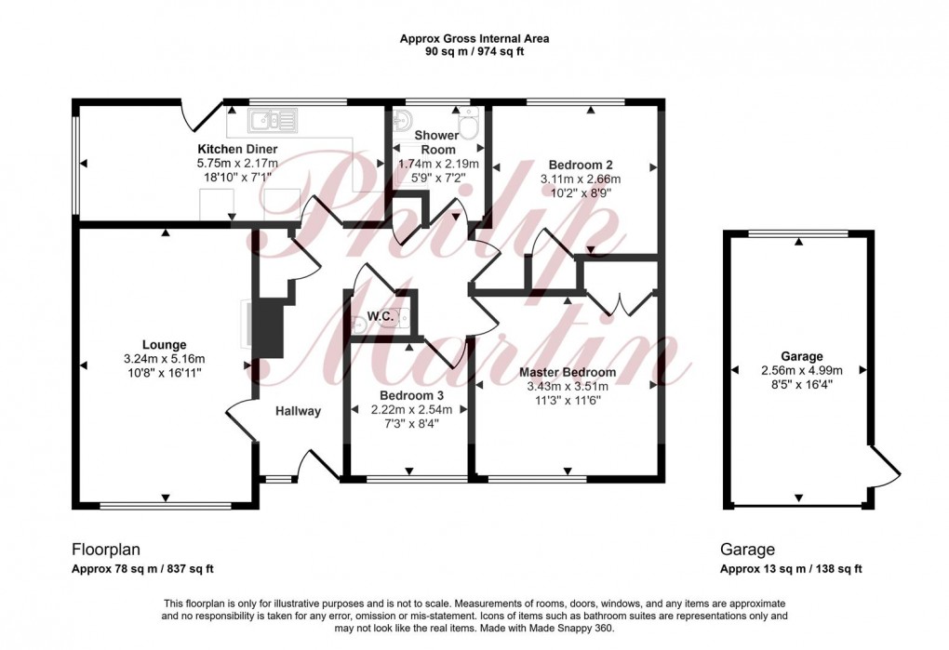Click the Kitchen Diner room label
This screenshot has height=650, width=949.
click(236, 149)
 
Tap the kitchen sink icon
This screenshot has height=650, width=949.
click(272, 119)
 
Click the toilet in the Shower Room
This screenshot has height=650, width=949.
click(468, 123)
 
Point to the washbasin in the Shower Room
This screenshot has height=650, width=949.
click(402, 121)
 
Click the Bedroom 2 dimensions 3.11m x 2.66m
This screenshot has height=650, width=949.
click(580, 179)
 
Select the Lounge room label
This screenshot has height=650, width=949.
click(164, 344)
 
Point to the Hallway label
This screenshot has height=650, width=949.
click(298, 411)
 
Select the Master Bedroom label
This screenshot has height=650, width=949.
click(568, 373)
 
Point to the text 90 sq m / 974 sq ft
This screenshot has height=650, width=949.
click(474, 51)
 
